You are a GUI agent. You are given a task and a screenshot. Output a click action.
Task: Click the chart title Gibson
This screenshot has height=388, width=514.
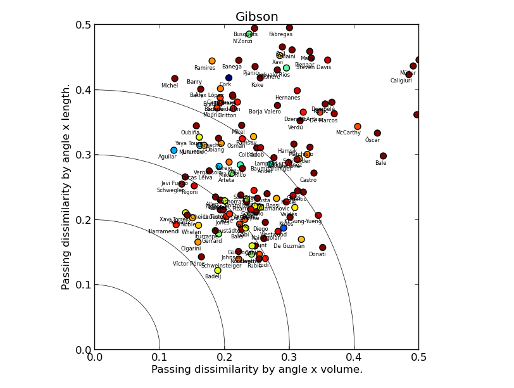256,17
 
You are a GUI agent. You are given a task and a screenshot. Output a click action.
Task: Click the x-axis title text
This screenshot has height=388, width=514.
256,370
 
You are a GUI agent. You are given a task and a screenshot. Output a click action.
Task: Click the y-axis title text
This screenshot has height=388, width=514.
66,187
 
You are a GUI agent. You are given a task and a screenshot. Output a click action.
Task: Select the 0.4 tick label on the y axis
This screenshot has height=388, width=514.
84,89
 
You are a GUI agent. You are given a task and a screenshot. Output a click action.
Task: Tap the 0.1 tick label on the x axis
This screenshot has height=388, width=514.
160,358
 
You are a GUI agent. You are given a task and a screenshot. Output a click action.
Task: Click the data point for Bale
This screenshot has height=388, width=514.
383,156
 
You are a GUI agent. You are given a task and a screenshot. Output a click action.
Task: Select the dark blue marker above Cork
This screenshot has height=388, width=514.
229,78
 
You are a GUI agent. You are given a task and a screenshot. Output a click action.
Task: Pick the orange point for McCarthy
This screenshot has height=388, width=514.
358,127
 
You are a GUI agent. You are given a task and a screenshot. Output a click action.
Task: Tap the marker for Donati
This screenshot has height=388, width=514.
323,248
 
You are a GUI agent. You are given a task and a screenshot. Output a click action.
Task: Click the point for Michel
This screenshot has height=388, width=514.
175,79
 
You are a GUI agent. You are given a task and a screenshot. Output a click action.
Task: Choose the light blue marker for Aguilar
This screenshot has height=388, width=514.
174,150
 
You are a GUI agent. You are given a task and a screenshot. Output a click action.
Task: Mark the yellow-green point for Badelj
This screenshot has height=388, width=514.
218,271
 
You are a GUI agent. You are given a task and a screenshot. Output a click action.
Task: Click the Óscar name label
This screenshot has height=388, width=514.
373,140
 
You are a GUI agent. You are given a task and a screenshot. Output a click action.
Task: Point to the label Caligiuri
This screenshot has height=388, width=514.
401,81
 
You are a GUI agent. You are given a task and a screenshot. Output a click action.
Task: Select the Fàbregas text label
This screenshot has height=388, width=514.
281,35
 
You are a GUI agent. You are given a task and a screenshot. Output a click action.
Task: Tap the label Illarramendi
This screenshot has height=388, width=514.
164,232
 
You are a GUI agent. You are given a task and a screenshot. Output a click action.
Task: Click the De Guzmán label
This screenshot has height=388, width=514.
289,246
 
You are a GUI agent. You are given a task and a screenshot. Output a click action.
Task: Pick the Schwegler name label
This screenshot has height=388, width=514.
170,190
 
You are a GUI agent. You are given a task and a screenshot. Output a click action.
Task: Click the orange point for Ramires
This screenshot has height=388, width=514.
212,61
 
